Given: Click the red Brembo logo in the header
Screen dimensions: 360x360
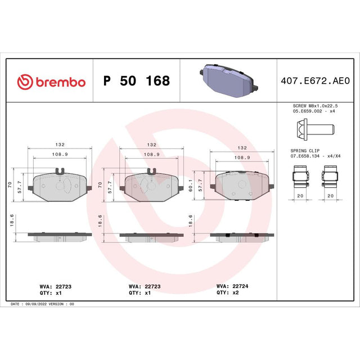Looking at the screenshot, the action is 51,82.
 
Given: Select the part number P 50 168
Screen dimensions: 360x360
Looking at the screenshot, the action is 137,81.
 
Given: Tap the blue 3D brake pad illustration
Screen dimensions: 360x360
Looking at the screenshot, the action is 229,80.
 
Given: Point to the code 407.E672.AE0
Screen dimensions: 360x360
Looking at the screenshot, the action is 315,81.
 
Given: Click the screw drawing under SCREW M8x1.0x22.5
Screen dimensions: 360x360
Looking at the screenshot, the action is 316,129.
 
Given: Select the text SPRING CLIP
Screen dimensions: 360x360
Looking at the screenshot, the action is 305,151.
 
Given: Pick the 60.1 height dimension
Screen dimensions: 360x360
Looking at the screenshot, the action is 191,186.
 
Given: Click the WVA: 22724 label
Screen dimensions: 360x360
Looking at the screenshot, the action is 232,286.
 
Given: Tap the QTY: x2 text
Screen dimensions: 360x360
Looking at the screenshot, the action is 227,292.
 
